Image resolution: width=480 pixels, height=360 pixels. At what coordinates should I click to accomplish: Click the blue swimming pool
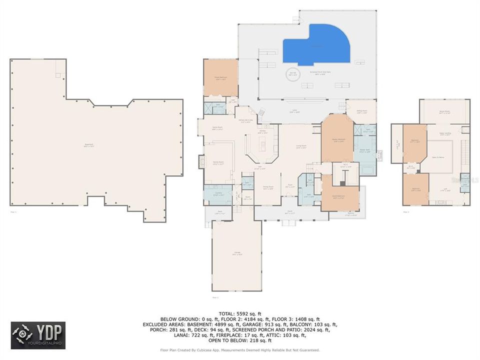tap(315, 45)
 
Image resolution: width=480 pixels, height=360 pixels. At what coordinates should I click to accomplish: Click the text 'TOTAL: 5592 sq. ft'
tap(239, 313)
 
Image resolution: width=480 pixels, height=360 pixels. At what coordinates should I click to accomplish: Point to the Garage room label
tap(236, 253)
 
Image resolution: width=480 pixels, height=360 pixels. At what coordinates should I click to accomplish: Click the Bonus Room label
tap(444, 113)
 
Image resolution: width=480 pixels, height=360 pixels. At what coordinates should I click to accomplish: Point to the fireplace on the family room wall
tap(202, 162)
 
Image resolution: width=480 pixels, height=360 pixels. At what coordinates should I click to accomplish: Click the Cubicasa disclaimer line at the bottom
tap(239, 350)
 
